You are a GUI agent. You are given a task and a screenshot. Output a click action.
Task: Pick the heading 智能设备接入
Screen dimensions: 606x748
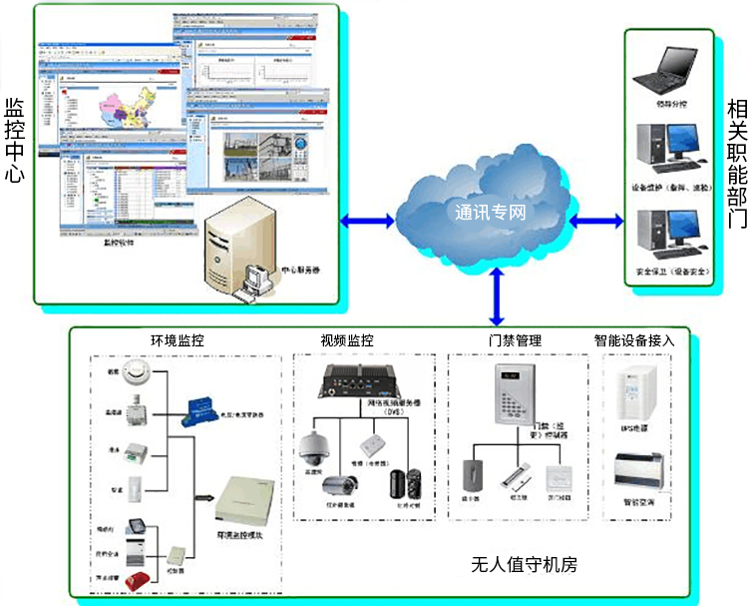click(634, 340)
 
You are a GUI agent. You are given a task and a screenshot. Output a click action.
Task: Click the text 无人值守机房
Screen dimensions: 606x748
click(524, 565)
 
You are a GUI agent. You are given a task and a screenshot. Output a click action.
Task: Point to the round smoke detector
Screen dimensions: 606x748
click(136, 378)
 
